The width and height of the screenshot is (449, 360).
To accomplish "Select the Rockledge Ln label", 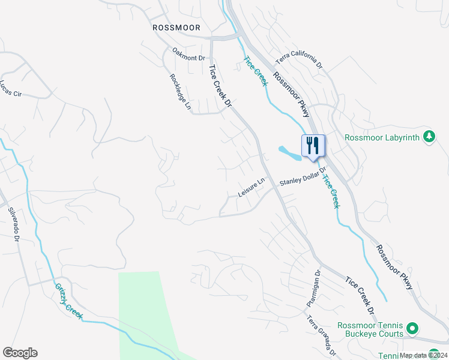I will [180, 92].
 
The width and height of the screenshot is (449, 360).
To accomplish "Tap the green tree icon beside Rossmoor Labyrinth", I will [429, 137].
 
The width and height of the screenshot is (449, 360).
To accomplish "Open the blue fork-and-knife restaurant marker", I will [313, 146].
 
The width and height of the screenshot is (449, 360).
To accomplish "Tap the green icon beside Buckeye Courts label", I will [412, 329].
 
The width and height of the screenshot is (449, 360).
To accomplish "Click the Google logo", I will [20, 353].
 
